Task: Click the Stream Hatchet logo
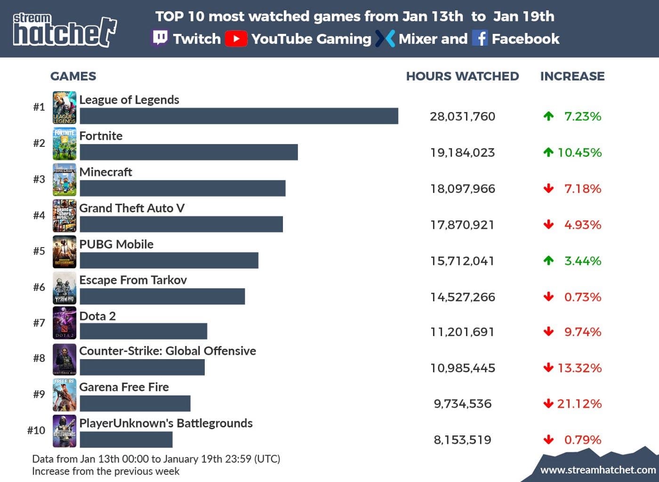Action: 64,30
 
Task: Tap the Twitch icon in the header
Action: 160,38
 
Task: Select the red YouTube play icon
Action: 236,39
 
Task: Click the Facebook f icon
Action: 480,38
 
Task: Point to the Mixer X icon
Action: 385,39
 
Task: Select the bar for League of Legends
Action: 239,116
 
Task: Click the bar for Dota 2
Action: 143,331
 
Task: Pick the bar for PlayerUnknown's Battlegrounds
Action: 126,440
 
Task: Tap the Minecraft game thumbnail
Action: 64,179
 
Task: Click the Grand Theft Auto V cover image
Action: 64,216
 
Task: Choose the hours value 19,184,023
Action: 462,153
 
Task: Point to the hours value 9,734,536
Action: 462,403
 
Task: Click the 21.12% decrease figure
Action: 579,403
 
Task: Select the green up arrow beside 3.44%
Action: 548,260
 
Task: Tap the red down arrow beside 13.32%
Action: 548,368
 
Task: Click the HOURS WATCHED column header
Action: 462,76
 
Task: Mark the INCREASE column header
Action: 572,76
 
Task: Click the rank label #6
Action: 39,287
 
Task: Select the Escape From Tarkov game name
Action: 133,280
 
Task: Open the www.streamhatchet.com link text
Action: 598,470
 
